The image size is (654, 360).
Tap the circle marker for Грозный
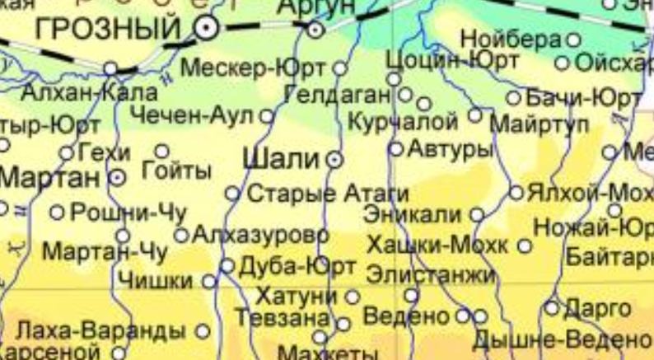pyautogui.click(x=205, y=30)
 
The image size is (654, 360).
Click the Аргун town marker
pyautogui.click(x=316, y=30)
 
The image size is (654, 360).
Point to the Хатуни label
pyautogui.click(x=297, y=295)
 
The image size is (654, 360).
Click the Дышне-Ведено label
pyautogui.click(x=560, y=339)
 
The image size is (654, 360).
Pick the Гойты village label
pyautogui.click(x=176, y=171)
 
